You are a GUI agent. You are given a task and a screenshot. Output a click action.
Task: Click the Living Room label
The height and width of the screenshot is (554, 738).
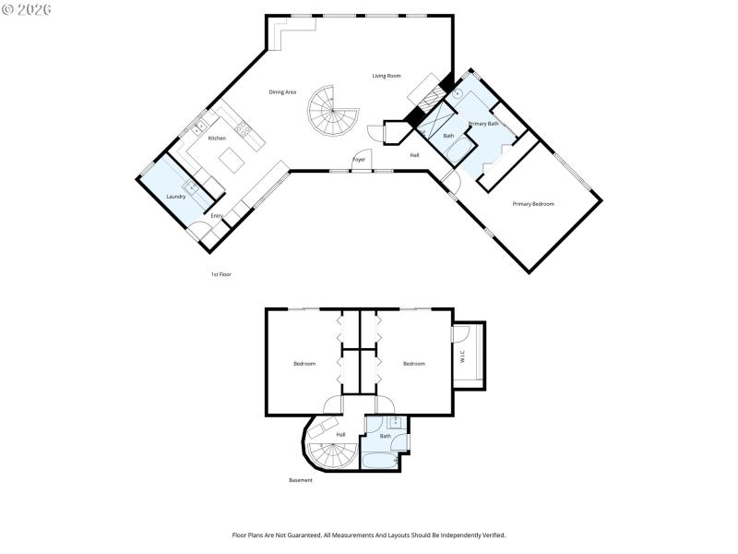[x=387, y=76]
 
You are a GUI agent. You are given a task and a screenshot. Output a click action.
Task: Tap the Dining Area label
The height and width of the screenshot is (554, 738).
[x=282, y=91]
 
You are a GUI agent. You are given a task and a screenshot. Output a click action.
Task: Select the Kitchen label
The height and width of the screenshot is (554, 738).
[x=217, y=138]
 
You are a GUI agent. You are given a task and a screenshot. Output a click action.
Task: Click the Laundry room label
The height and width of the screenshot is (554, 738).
[x=176, y=196]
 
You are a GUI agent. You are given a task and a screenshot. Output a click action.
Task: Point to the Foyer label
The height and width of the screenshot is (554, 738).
[x=359, y=160]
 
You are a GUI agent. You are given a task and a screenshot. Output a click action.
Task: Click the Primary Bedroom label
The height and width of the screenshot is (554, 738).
[x=533, y=203]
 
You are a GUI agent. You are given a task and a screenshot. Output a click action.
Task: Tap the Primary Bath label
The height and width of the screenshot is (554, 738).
[x=483, y=123]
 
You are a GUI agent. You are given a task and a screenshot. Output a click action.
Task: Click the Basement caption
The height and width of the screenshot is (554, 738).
[x=301, y=480]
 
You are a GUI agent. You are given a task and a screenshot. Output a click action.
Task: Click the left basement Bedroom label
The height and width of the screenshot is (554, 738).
[x=304, y=364]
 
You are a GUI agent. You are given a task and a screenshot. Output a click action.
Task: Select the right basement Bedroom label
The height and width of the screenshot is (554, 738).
[x=414, y=364]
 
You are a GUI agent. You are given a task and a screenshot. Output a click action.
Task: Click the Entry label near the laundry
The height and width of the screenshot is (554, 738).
[x=217, y=216]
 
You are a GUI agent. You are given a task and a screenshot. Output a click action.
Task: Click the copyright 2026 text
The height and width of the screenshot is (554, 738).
[x=27, y=8]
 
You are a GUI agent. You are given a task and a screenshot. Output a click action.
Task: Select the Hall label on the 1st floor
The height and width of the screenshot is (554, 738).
[x=415, y=155]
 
